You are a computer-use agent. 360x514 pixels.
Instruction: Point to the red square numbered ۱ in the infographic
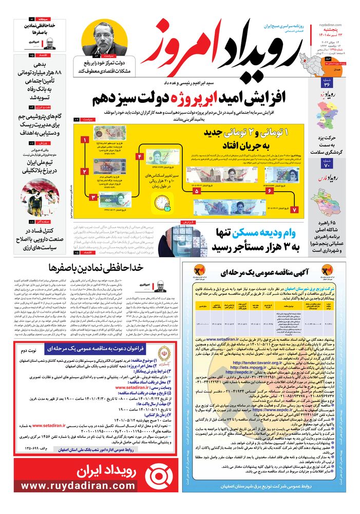[85, 140]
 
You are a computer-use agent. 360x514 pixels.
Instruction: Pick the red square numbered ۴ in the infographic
[140, 156]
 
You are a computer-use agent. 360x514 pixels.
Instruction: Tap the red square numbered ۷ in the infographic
[294, 210]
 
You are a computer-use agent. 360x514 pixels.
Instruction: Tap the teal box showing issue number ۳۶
[327, 82]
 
